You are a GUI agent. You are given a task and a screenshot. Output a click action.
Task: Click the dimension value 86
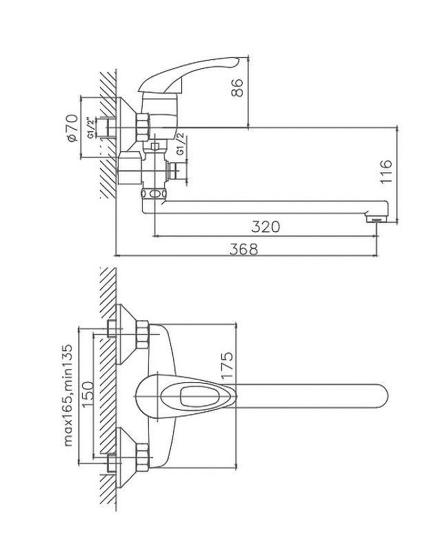pos(237,88)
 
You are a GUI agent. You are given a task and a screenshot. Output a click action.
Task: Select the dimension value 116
pos(386,171)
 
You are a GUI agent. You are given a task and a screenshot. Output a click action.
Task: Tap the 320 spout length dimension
pos(265,227)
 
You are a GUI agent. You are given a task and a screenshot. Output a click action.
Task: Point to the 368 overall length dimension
pos(243,249)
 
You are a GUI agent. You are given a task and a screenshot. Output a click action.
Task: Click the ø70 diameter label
pos(72,128)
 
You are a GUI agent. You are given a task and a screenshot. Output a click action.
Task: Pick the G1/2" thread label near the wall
pos(91,128)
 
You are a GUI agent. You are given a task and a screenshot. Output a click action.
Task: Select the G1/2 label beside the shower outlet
pos(180,144)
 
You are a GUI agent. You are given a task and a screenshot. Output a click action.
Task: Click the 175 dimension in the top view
pos(227,365)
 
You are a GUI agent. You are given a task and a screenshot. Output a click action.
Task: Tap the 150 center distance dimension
pos(88,394)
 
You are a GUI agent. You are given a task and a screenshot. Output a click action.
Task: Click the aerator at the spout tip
pos(376,219)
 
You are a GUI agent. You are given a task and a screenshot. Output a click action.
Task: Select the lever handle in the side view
pos(188,75)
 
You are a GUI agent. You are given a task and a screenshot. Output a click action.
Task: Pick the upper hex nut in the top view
pos(143,335)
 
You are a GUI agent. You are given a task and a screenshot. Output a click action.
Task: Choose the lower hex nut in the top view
pos(143,457)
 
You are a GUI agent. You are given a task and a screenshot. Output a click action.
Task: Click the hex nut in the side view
pos(143,128)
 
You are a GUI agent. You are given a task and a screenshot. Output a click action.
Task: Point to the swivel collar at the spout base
pos(153,194)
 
